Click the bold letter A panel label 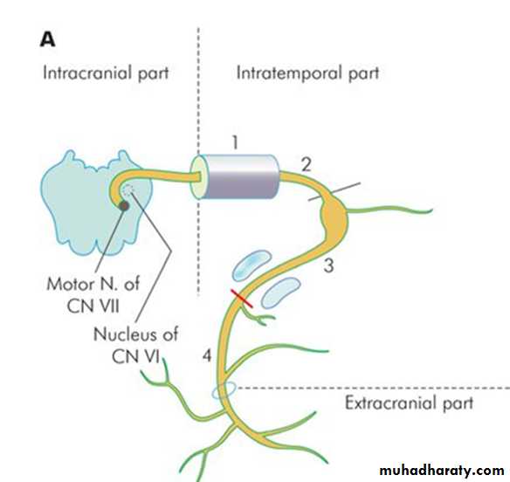pyautogui.click(x=47, y=41)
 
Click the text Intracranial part pyautogui.click(x=106, y=73)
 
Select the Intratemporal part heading pyautogui.click(x=307, y=73)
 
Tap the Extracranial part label pyautogui.click(x=409, y=403)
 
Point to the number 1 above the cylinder pyautogui.click(x=235, y=142)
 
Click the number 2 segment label pyautogui.click(x=306, y=165)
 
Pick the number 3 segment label pyautogui.click(x=329, y=265)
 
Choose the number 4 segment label pyautogui.click(x=207, y=355)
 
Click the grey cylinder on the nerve pyautogui.click(x=235, y=177)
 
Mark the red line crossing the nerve pyautogui.click(x=242, y=299)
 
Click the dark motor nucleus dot pyautogui.click(x=124, y=206)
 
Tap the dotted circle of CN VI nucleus pyautogui.click(x=128, y=189)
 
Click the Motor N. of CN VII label pyautogui.click(x=93, y=294)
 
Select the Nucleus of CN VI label pyautogui.click(x=135, y=345)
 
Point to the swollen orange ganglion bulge pyautogui.click(x=334, y=216)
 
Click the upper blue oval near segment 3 pyautogui.click(x=252, y=265)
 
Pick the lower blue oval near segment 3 pyautogui.click(x=281, y=293)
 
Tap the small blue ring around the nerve pyautogui.click(x=224, y=390)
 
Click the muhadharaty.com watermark pyautogui.click(x=442, y=471)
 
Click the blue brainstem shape pyautogui.click(x=97, y=203)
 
